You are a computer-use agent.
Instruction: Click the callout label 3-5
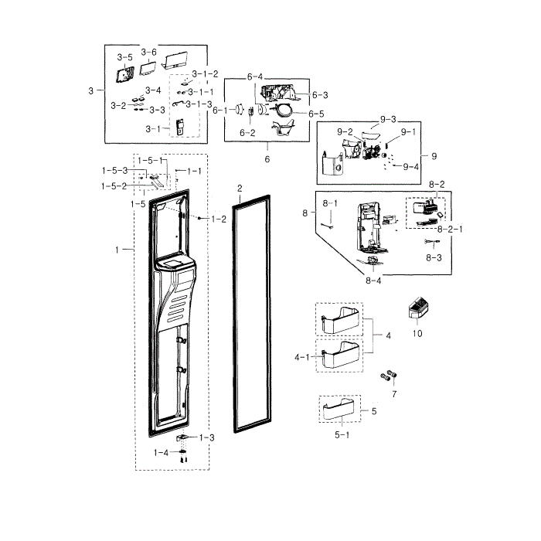[x=124, y=57]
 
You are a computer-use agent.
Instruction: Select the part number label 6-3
[x=320, y=95]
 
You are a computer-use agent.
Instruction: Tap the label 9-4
[x=410, y=167]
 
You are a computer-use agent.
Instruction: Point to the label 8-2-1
[x=450, y=230]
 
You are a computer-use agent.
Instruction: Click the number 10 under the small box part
[x=417, y=334]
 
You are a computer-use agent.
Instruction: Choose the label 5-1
[x=342, y=435]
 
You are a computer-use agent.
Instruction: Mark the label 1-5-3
[x=115, y=171]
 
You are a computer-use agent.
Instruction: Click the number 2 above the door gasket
[x=240, y=189]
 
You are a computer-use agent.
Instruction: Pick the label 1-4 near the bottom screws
[x=161, y=452]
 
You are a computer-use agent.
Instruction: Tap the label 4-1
[x=302, y=357]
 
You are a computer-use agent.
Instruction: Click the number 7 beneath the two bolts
[x=394, y=394]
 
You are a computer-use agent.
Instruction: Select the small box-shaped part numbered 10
[x=418, y=308]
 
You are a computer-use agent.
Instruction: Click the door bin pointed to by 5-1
[x=339, y=410]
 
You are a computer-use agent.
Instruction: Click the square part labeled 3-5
[x=125, y=74]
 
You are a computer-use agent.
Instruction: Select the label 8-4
[x=373, y=281]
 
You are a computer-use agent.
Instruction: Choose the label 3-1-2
[x=205, y=74]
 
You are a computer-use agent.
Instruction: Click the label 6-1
[x=220, y=111]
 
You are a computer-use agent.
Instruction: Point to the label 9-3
[x=388, y=120]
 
